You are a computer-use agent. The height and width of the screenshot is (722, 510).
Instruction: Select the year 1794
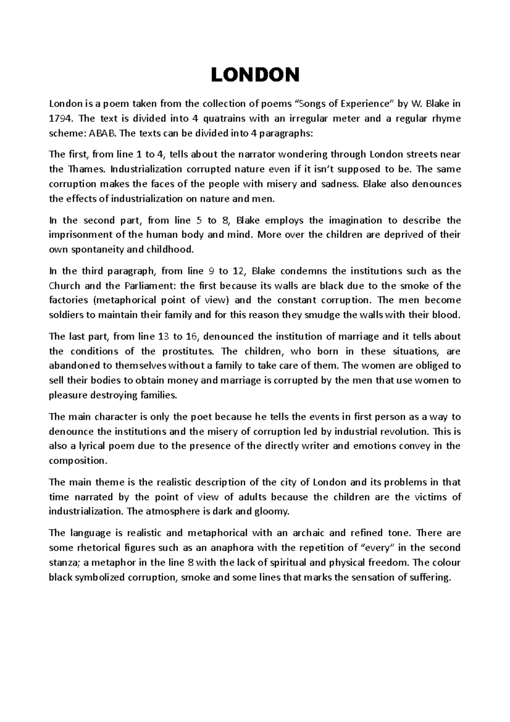pyautogui.click(x=59, y=119)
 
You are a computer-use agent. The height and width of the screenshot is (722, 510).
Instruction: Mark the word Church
pyautogui.click(x=65, y=286)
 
